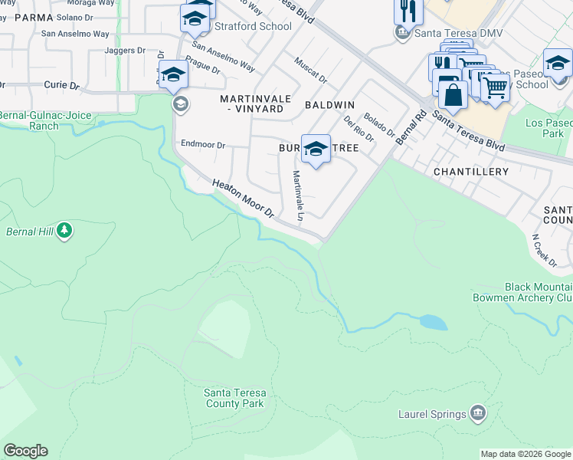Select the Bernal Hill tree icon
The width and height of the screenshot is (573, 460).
coord(64,230)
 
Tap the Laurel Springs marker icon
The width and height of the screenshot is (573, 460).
coord(478,414)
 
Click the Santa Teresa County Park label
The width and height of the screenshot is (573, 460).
coord(234,398)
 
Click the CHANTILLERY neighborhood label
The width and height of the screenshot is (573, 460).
coord(470,172)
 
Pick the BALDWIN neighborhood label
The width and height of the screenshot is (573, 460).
coord(329,104)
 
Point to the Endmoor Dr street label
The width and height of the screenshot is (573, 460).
coord(202,144)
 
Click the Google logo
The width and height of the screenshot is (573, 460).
coord(25,451)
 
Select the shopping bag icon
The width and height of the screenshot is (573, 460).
coord(453,95)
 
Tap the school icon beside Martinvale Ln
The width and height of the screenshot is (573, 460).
coord(315,149)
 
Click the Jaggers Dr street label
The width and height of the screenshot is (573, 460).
coord(126,51)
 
